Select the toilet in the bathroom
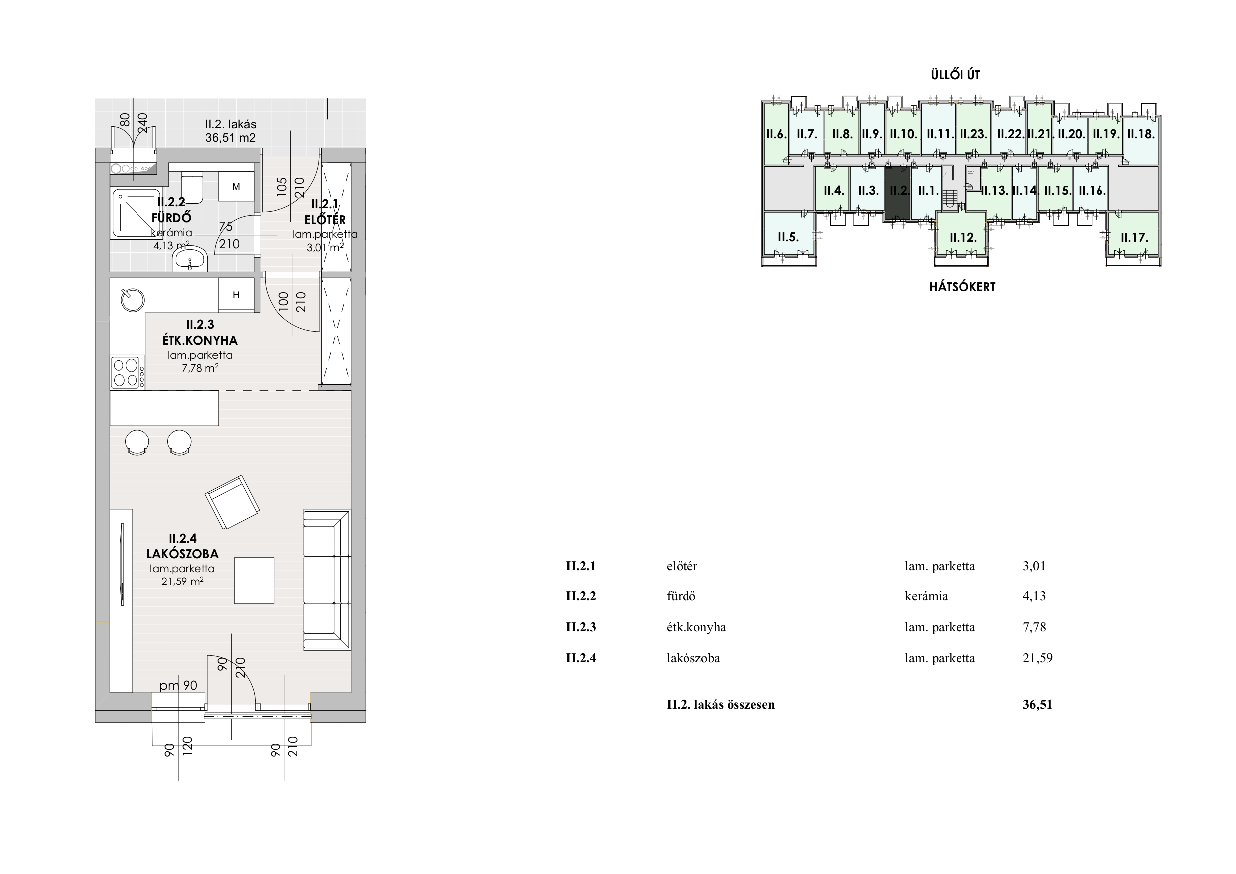pyautogui.click(x=192, y=188)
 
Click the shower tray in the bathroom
pyautogui.click(x=137, y=213)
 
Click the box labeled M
pyautogui.click(x=236, y=187)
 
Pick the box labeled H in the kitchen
pyautogui.click(x=236, y=295)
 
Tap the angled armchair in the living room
pyautogui.click(x=232, y=502)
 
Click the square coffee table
pyautogui.click(x=254, y=580)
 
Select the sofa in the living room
pyautogui.click(x=327, y=580)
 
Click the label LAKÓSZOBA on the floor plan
pyautogui.click(x=182, y=554)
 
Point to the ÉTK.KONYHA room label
pyautogui.click(x=200, y=340)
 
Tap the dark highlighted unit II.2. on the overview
pyautogui.click(x=898, y=192)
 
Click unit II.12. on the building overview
pyautogui.click(x=962, y=237)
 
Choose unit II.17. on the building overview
pyautogui.click(x=1134, y=237)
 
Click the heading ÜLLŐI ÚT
pyautogui.click(x=956, y=75)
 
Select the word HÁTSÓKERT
pyautogui.click(x=962, y=287)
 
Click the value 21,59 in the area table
pyautogui.click(x=1037, y=658)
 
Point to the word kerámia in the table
pyautogui.click(x=926, y=596)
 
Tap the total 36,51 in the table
pyautogui.click(x=1037, y=705)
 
